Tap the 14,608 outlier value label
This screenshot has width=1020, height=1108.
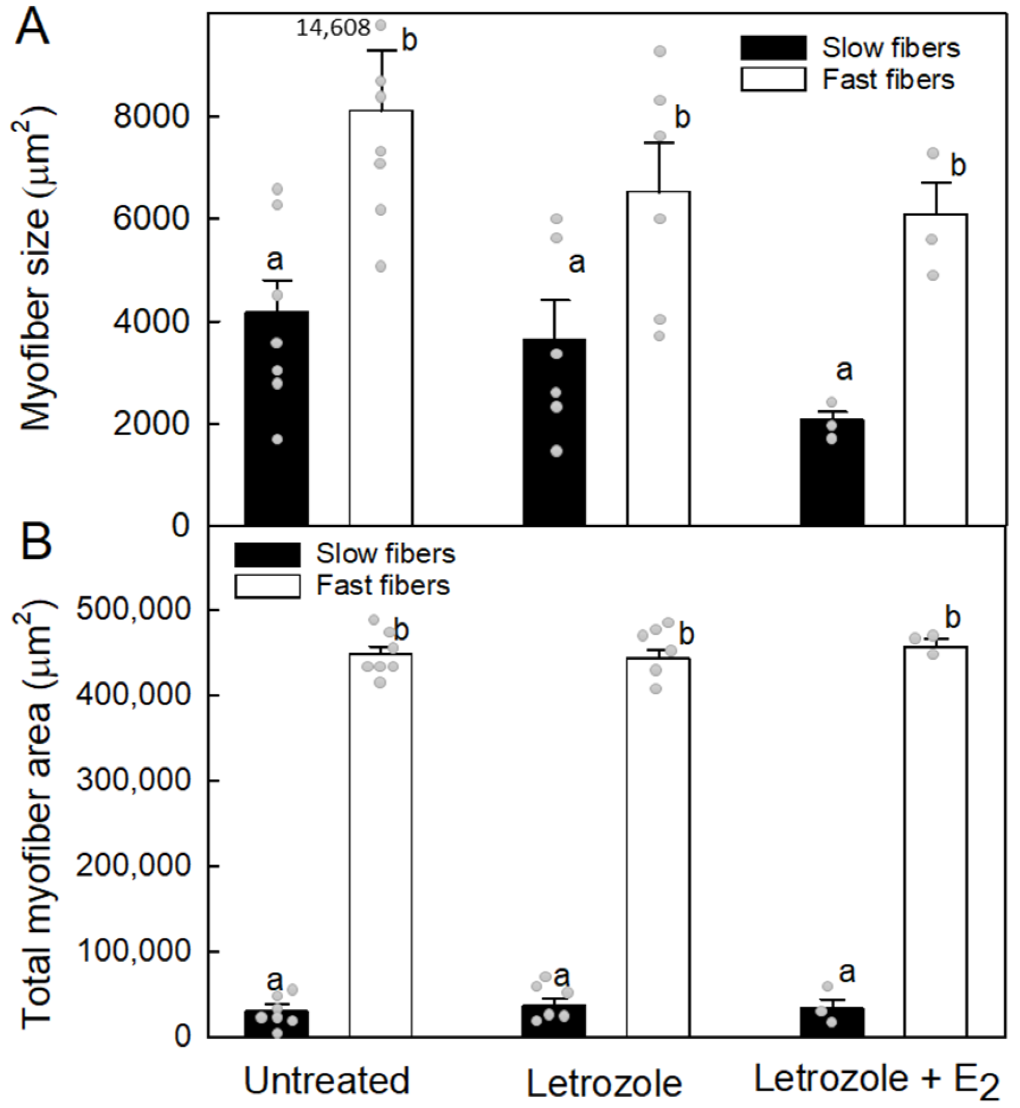(x=333, y=28)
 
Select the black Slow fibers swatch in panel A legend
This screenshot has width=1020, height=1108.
(x=773, y=48)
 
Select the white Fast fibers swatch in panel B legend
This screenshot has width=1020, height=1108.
(x=267, y=586)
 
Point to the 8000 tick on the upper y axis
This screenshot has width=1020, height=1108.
(x=151, y=117)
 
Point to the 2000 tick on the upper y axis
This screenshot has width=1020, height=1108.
(x=151, y=424)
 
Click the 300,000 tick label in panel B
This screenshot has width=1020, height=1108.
(x=133, y=780)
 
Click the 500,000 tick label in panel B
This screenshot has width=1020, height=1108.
(x=133, y=609)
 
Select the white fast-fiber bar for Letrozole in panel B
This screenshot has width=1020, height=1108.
(x=658, y=851)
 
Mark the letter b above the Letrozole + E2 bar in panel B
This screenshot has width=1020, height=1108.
(x=952, y=618)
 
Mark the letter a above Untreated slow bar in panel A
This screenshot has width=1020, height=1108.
(x=275, y=260)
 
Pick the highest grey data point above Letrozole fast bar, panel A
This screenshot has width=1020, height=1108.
(x=660, y=52)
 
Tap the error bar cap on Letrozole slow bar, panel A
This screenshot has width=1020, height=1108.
(x=554, y=300)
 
